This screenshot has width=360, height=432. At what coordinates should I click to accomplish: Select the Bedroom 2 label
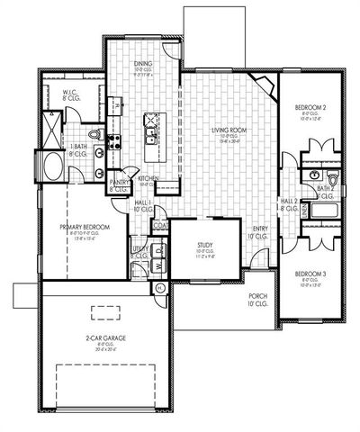310,109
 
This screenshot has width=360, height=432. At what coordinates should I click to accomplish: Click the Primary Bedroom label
85,229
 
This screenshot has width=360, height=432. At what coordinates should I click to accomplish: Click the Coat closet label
160,225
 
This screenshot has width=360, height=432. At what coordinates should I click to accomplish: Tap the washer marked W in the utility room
159,267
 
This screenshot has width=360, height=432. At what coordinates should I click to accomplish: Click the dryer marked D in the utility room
159,253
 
